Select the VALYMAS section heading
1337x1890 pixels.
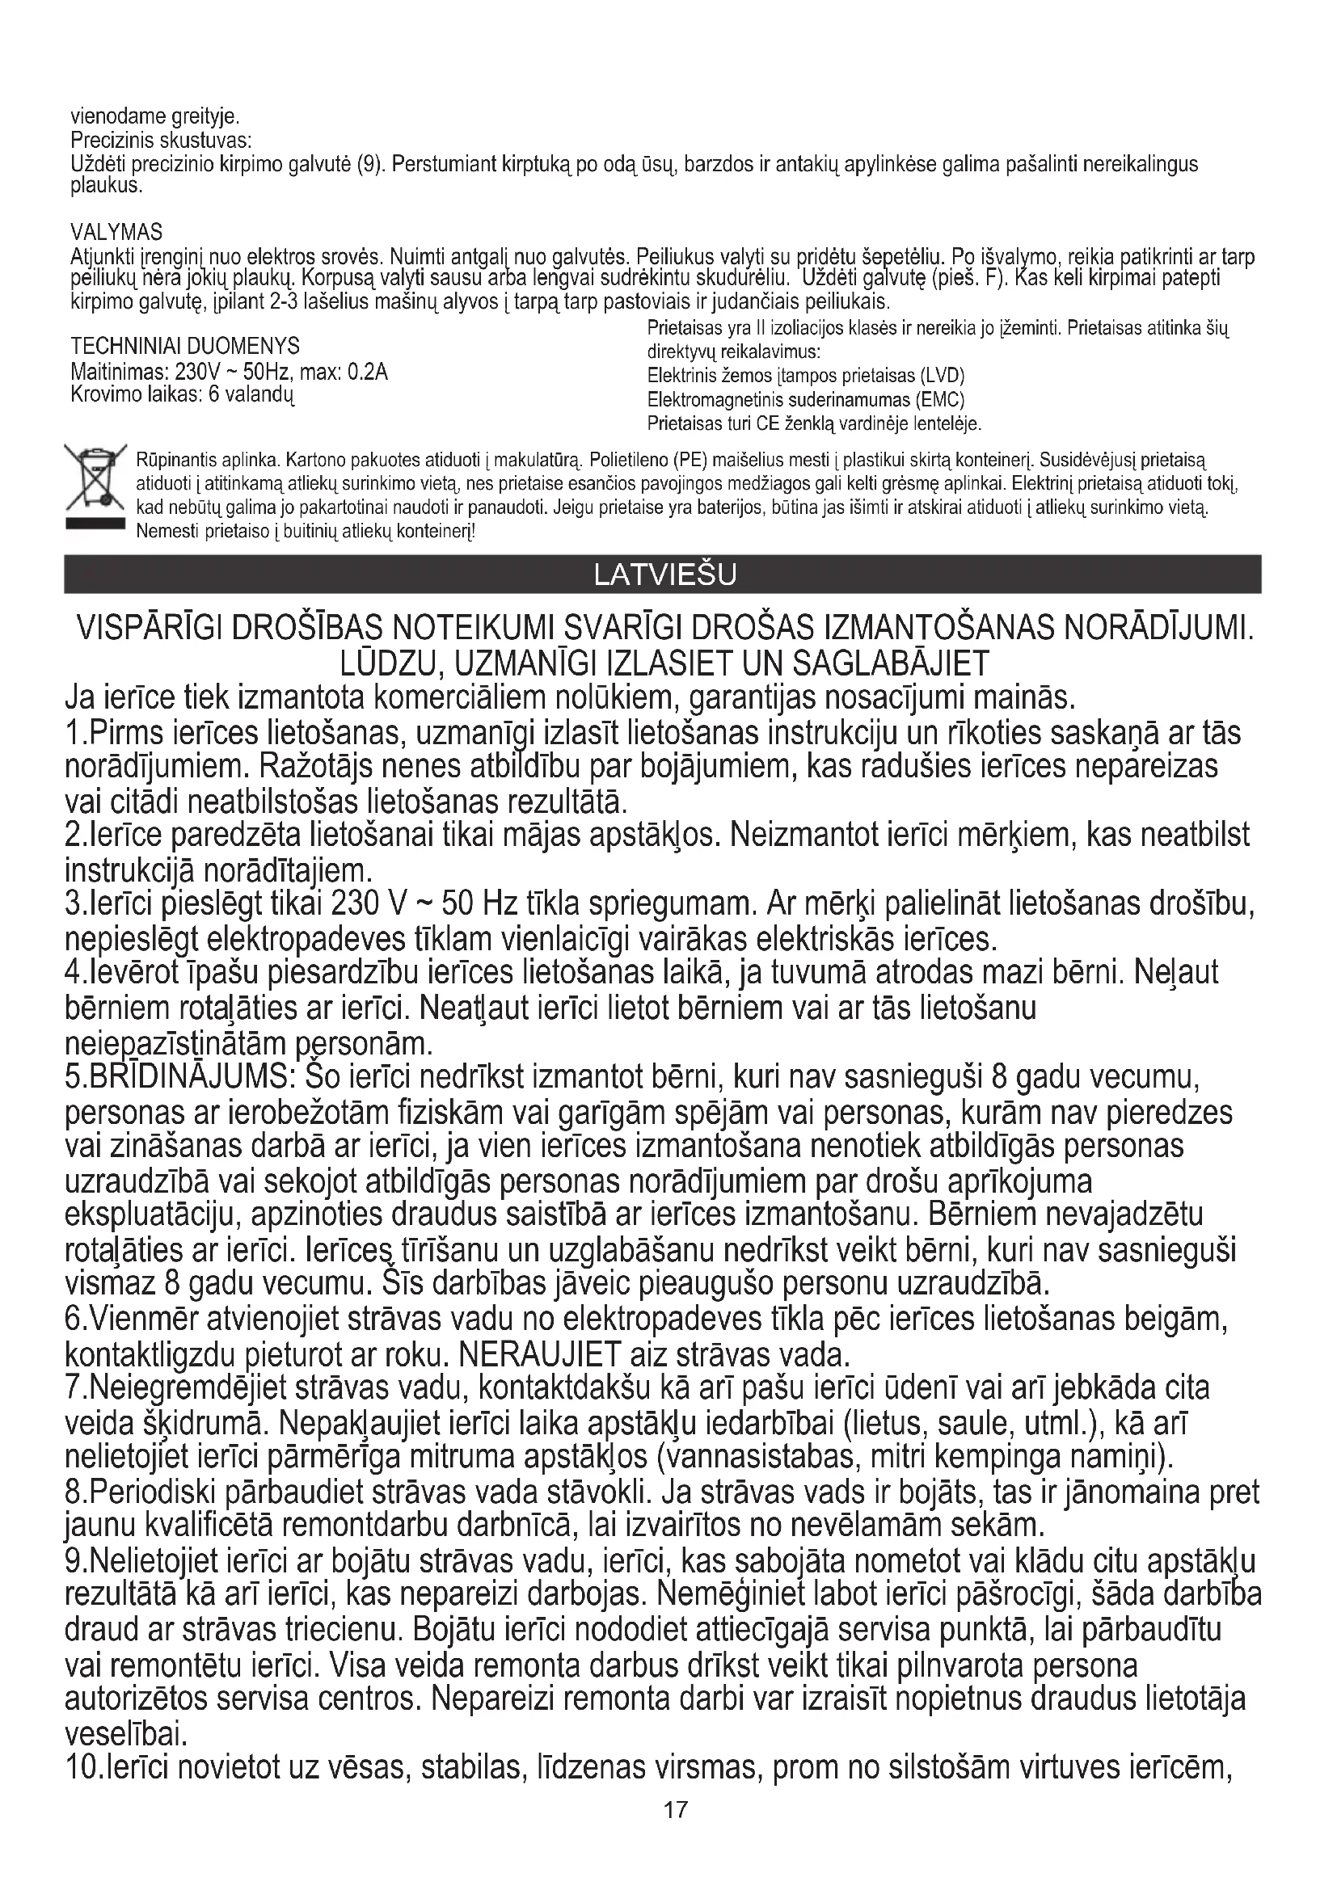(x=116, y=231)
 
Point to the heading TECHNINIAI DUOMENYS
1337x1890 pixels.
(x=185, y=345)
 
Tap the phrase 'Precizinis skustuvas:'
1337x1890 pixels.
(x=162, y=141)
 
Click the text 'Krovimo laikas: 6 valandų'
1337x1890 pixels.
(x=183, y=394)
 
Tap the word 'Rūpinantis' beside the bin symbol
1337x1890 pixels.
(x=172, y=458)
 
